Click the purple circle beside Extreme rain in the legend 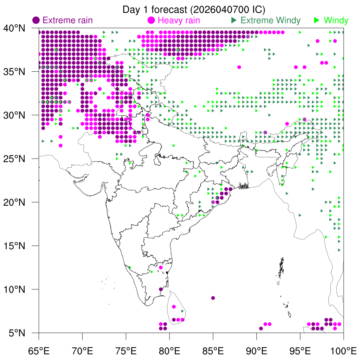(36, 20)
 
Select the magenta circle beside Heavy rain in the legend (152, 20)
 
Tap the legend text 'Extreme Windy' (270, 20)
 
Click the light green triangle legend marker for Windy (317, 20)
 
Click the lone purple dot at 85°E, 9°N (213, 298)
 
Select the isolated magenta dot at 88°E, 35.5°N (239, 67)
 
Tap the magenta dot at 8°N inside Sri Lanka (174, 307)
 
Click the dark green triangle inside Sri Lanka (182, 311)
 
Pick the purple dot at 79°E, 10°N (161, 289)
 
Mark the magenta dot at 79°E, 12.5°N (161, 268)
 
